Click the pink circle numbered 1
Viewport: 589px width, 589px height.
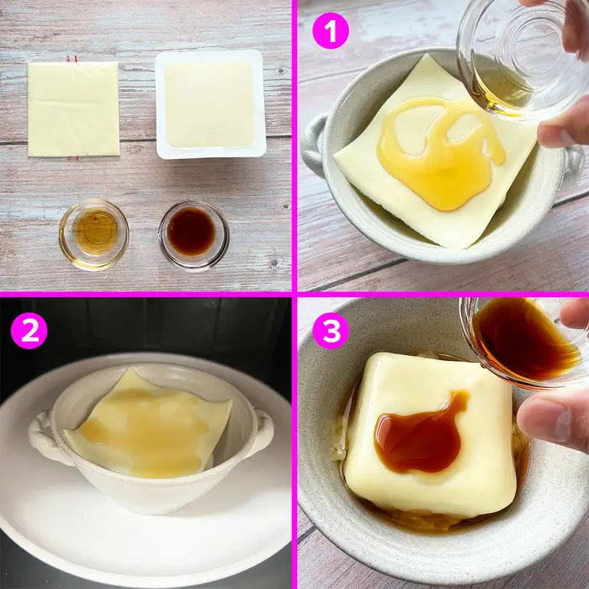330,32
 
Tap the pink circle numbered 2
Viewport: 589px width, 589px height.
29,331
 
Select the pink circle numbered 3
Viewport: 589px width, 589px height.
330,331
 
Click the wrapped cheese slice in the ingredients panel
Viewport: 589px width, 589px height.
73,109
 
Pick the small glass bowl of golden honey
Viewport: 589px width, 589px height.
93,233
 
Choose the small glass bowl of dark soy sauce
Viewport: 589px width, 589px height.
193,233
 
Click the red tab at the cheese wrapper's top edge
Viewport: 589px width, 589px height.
69,60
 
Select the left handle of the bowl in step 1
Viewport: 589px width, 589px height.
314,143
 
